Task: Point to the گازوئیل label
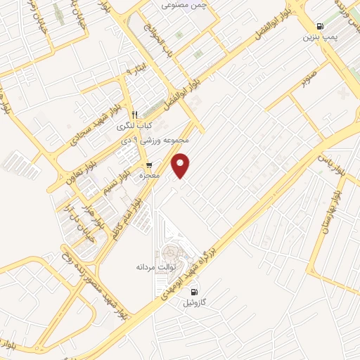click(195, 302)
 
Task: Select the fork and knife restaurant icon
click(134, 115)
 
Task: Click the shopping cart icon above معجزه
click(148, 165)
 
